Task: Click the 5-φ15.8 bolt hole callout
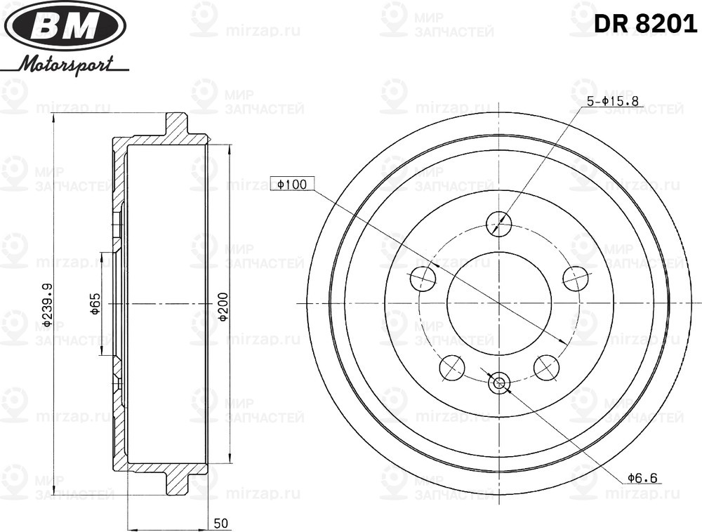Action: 612,101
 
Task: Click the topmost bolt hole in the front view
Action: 499,223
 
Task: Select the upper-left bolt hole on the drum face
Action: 423,278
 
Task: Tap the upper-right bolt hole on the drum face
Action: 575,278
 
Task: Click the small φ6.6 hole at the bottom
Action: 499,383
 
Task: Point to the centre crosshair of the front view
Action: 499,303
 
